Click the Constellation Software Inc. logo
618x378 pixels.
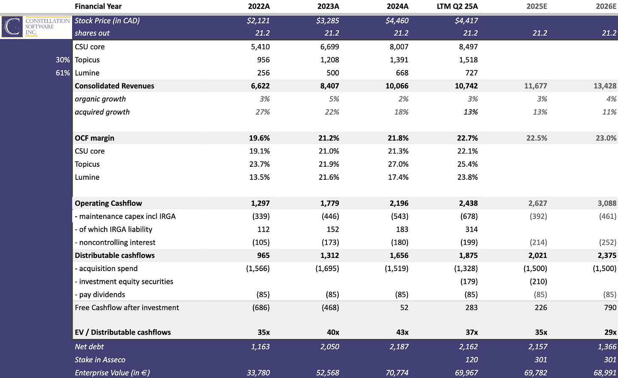click(x=36, y=27)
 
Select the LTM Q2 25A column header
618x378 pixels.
click(x=457, y=6)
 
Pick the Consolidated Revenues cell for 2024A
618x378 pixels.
click(x=397, y=86)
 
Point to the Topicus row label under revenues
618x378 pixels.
click(x=87, y=60)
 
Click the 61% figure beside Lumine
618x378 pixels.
click(x=62, y=73)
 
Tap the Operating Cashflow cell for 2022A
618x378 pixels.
click(x=259, y=204)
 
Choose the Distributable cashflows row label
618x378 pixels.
click(x=115, y=256)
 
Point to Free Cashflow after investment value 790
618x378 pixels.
click(x=610, y=308)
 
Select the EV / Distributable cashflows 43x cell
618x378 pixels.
click(x=400, y=333)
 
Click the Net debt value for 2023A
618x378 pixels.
click(x=329, y=347)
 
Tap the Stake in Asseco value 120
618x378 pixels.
click(x=471, y=360)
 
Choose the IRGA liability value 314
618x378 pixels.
click(x=471, y=230)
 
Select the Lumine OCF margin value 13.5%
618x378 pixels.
click(x=259, y=177)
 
